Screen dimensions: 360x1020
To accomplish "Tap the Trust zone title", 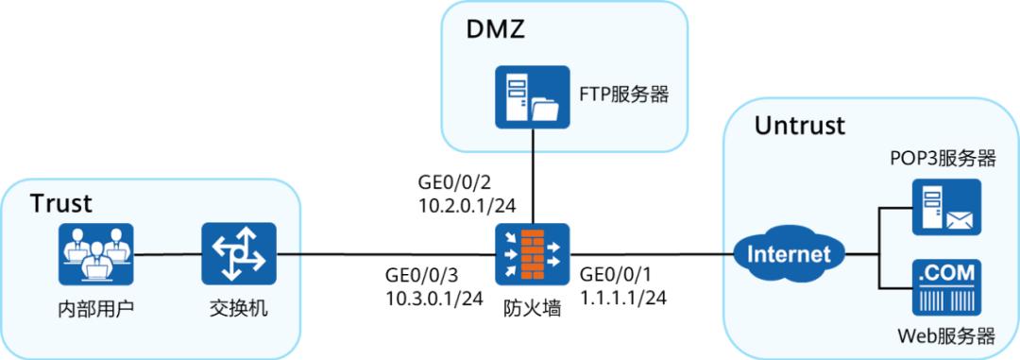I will pos(61,203).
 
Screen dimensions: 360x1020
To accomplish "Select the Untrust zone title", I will pos(800,126).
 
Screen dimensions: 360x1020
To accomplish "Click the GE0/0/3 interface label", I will pos(422,276).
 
